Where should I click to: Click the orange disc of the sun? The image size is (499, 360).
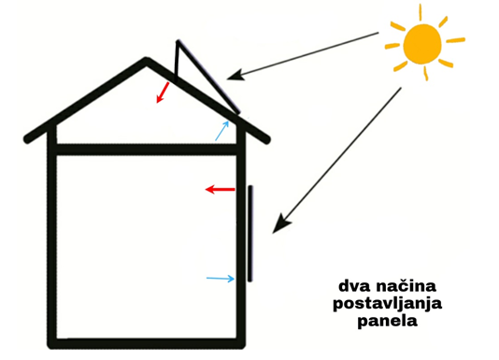pyautogui.click(x=422, y=41)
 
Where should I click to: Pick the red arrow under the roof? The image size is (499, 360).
pyautogui.click(x=163, y=92)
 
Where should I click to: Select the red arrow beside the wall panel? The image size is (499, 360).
pyautogui.click(x=221, y=190)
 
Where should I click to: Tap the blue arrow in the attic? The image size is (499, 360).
pyautogui.click(x=221, y=130)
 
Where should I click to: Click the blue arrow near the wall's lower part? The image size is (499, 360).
pyautogui.click(x=220, y=278)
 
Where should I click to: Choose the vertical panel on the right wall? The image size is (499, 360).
pyautogui.click(x=250, y=233)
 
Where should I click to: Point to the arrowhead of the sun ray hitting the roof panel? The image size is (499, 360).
pyautogui.click(x=238, y=75)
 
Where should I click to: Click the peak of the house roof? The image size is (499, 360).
pyautogui.click(x=147, y=63)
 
